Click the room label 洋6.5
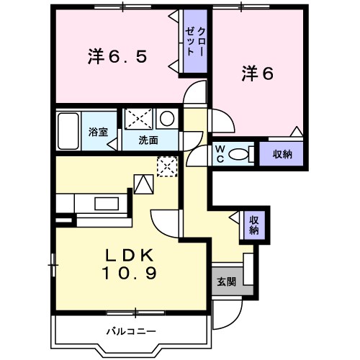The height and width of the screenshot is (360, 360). (x=118, y=55)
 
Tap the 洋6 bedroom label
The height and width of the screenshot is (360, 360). (x=257, y=73)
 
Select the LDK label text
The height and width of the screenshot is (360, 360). (x=129, y=256)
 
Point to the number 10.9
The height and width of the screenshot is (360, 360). (x=130, y=274)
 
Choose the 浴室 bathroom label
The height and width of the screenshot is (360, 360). (x=98, y=132)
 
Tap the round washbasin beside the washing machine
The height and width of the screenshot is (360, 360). (x=166, y=119)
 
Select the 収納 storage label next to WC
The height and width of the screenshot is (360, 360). (x=282, y=154)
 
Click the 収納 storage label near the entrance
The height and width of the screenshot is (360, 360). (x=254, y=225)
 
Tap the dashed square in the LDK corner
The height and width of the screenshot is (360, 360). (x=166, y=166)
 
